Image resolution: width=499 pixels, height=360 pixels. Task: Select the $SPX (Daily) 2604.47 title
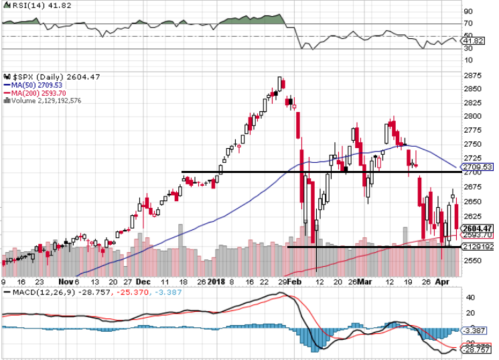(x=42, y=76)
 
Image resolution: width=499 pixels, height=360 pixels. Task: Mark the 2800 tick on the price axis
(x=473, y=116)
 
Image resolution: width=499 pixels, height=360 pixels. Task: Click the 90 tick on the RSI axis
(x=469, y=11)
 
